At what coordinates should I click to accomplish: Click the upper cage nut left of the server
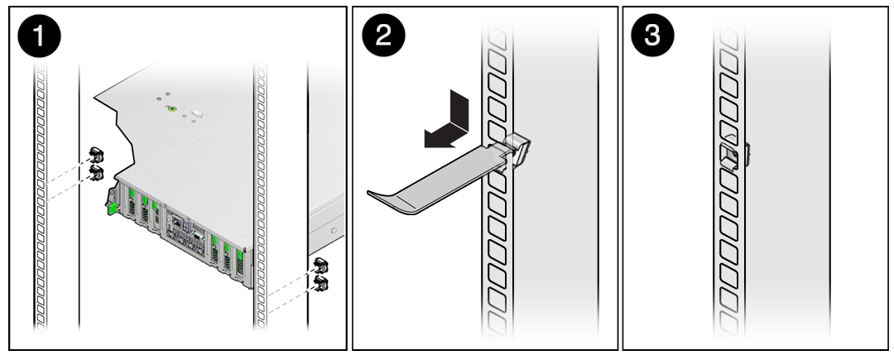coord(96,155)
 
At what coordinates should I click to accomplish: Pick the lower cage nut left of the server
coord(96,171)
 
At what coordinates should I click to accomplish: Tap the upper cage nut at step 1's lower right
coord(321,266)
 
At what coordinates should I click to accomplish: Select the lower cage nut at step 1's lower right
coord(321,284)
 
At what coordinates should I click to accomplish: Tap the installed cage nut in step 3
coord(729,155)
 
